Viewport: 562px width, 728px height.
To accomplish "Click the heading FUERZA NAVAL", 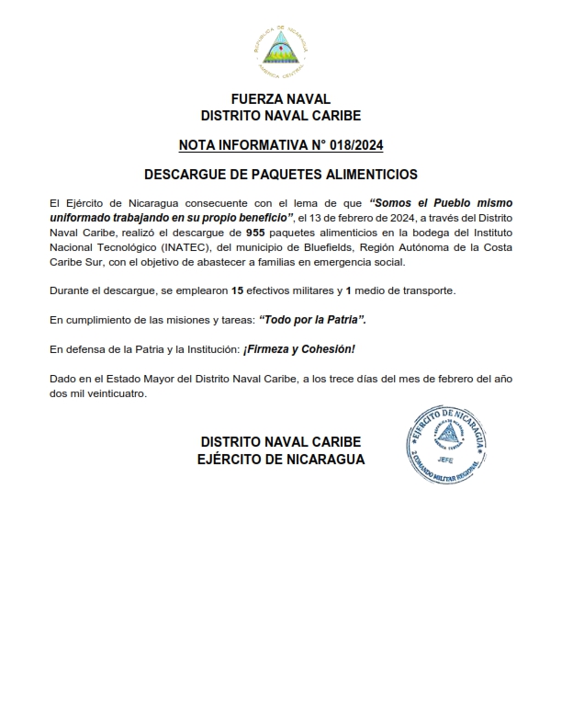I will [x=281, y=99].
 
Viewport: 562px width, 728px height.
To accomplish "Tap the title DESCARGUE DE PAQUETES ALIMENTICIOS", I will [x=281, y=174].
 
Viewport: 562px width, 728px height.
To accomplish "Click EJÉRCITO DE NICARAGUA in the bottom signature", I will [x=281, y=459].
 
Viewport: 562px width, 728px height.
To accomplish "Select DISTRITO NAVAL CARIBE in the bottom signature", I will [x=281, y=441].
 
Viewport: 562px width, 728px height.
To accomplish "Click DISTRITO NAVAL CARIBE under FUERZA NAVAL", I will [x=281, y=116].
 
